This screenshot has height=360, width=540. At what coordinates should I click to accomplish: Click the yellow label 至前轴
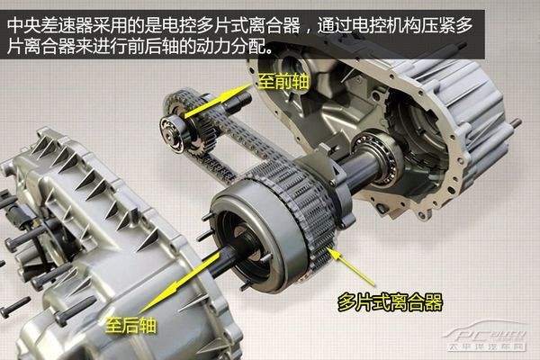click(283, 82)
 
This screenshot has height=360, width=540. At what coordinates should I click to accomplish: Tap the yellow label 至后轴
click(130, 325)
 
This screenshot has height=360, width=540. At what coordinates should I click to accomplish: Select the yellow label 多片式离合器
click(390, 302)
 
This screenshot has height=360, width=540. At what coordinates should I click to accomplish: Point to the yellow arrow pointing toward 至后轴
click(182, 281)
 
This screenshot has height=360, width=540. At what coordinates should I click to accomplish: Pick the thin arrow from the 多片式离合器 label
click(350, 266)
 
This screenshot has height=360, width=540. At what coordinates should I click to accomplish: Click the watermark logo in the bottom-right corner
click(487, 337)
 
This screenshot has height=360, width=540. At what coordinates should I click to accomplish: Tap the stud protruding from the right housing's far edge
click(516, 122)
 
